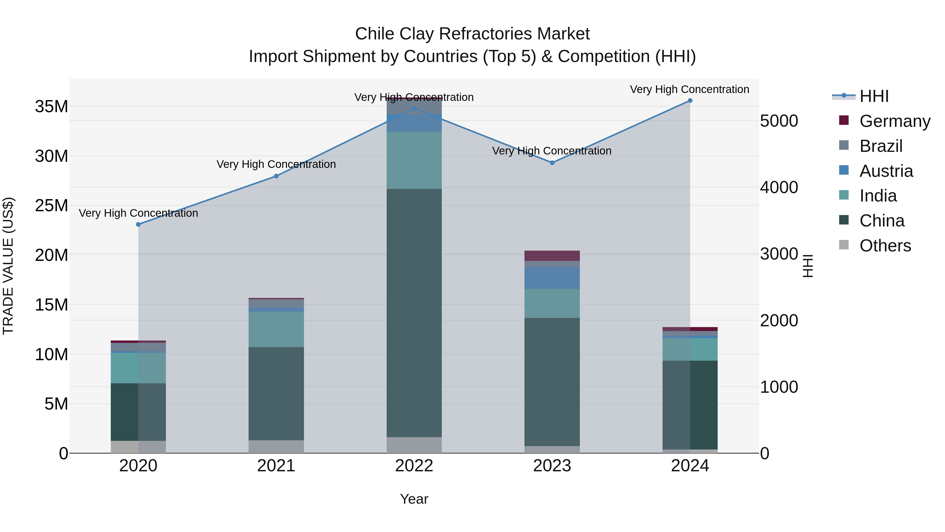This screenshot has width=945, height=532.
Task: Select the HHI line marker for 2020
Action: click(x=138, y=224)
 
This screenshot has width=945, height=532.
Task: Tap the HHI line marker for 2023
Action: click(x=552, y=163)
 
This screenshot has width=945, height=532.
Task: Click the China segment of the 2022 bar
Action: click(x=414, y=313)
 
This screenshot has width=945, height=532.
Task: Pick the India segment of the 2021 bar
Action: click(x=276, y=329)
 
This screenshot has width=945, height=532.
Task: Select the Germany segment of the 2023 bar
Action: click(x=552, y=256)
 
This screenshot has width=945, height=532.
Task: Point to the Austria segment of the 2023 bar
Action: click(x=552, y=278)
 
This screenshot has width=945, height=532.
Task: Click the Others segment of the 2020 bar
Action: click(x=138, y=447)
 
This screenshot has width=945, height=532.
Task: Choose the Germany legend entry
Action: click(x=894, y=121)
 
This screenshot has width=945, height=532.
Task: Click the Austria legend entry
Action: click(x=886, y=171)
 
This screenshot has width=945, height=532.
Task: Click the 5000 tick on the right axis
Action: click(x=779, y=121)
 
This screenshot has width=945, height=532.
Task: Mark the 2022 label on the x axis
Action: click(x=414, y=466)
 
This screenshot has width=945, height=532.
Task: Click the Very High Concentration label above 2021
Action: click(x=276, y=164)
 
